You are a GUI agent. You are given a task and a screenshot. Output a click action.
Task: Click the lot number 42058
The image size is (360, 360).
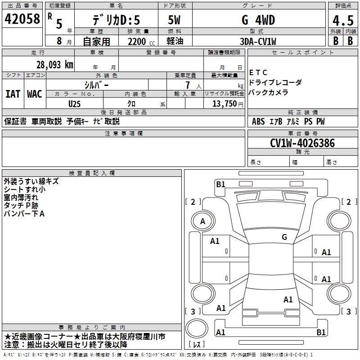tap(22, 19)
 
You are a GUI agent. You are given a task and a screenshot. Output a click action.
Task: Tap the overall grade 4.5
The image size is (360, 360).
tap(343, 20)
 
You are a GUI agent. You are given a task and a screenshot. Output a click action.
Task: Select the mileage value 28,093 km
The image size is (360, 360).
tap(55, 65)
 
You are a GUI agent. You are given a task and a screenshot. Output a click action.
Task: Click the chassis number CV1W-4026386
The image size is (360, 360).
tap(302, 143)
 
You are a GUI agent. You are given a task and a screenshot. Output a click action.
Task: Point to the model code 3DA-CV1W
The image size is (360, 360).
tap(258, 41)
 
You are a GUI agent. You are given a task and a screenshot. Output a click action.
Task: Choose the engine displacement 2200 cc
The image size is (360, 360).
tap(141, 41)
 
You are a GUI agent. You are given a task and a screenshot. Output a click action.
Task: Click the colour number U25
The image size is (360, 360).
tap(74, 104)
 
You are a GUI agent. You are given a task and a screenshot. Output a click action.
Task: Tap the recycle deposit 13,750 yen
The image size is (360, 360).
tap(228, 104)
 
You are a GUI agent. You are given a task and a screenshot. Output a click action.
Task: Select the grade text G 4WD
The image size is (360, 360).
tap(258, 20)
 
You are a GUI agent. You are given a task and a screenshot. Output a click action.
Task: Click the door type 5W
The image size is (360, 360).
tap(174, 20)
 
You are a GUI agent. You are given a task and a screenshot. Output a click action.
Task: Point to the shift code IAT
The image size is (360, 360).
tap(13, 94)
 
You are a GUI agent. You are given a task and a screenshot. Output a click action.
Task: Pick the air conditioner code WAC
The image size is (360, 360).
tap(35, 94)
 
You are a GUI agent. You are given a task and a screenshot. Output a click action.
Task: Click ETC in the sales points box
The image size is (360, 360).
tap(258, 72)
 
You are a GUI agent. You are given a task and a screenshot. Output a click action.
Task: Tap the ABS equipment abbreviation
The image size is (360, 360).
tap(258, 121)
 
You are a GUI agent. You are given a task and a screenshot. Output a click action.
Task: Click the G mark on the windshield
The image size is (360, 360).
tap(284, 237)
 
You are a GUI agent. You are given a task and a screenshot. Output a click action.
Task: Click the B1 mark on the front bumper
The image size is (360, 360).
tap(220, 184)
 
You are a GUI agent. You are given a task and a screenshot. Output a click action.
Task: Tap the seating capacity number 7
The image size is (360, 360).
tap(188, 85)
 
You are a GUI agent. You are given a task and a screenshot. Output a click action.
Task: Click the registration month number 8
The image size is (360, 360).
tap(59, 41)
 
